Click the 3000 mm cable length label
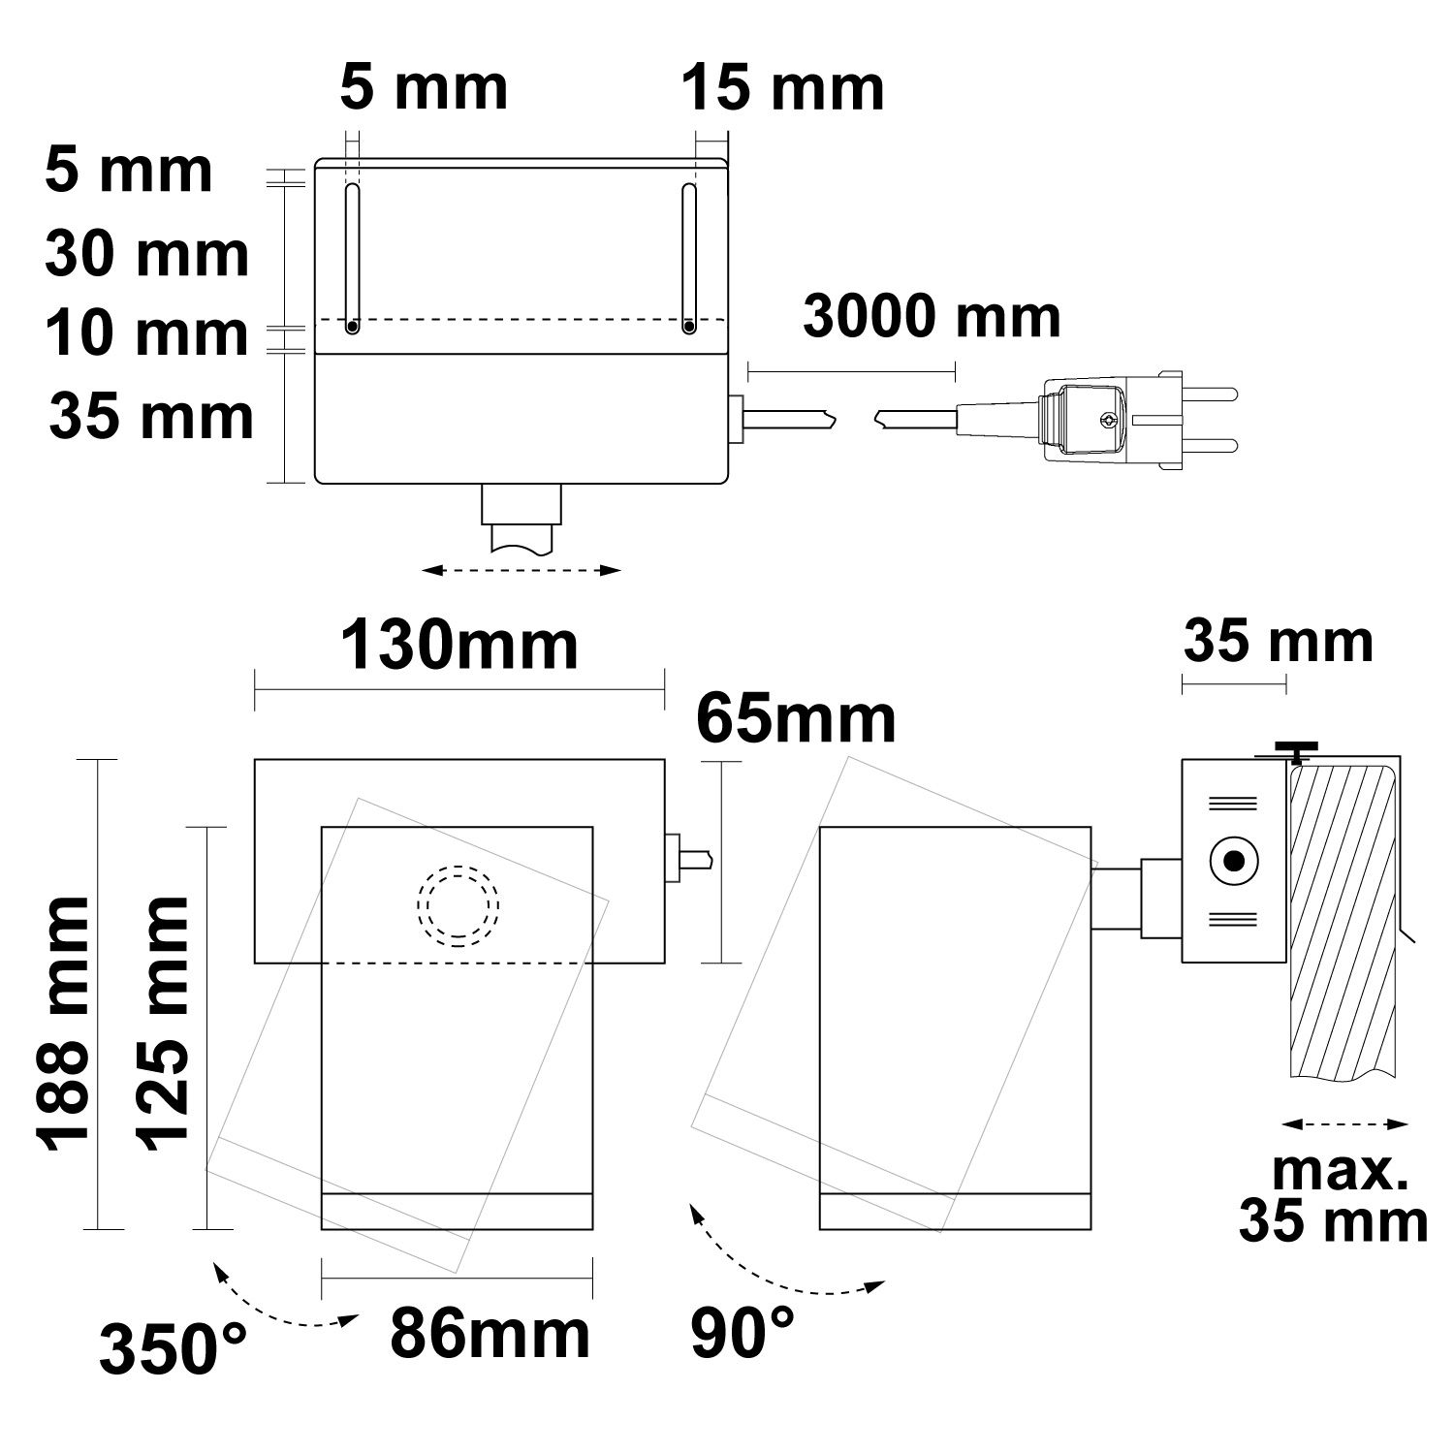click(932, 317)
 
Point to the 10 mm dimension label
click(147, 333)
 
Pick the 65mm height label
click(797, 719)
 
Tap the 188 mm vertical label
click(64, 1026)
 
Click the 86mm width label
click(490, 1335)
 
